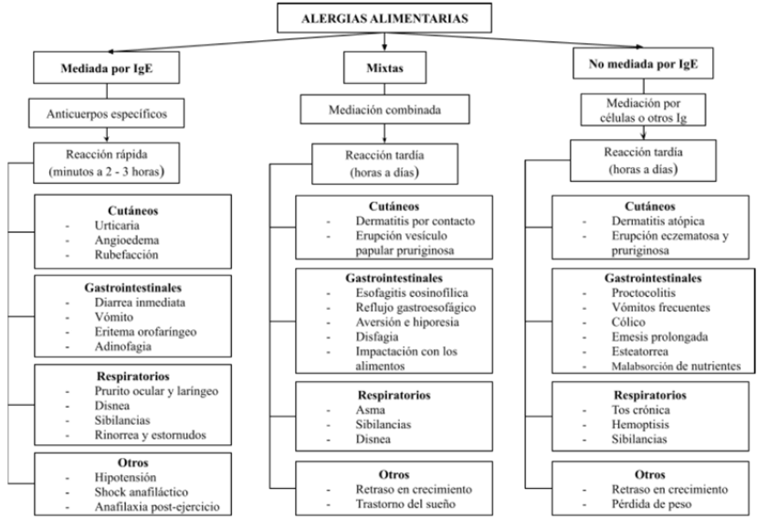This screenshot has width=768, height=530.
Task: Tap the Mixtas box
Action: tap(384, 69)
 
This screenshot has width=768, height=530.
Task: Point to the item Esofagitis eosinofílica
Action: tap(405, 293)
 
